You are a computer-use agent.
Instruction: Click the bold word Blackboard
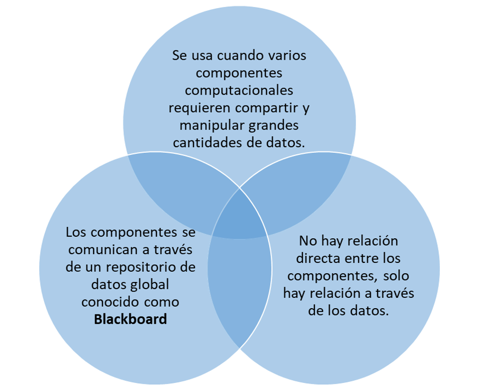coord(131,320)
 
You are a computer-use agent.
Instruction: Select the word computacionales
coord(239,91)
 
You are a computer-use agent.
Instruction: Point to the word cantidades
coord(205,143)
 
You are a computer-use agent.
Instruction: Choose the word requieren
coord(200,108)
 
